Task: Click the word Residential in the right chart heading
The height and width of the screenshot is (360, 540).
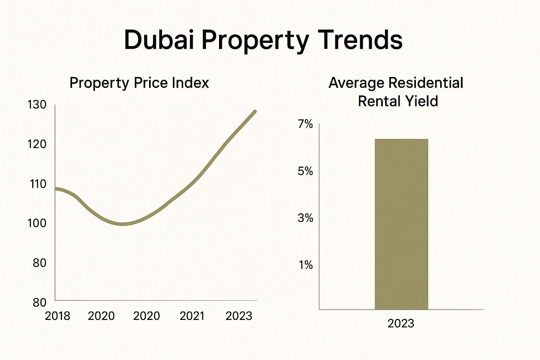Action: click(425, 83)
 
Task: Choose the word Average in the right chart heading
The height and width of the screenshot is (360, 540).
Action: click(356, 83)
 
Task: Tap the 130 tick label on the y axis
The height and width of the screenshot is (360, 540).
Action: click(37, 105)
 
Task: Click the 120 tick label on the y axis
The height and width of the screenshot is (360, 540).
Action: click(37, 144)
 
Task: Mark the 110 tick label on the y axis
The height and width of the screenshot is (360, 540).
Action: click(38, 184)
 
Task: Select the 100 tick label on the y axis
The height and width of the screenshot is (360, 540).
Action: click(37, 223)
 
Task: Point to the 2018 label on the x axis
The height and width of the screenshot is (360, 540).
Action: click(58, 316)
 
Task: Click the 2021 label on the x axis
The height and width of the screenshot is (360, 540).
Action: click(192, 316)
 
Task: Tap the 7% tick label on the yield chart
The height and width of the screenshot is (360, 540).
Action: click(305, 124)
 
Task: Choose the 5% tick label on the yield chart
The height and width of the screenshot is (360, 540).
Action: click(305, 171)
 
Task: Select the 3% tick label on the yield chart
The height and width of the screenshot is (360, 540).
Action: click(305, 218)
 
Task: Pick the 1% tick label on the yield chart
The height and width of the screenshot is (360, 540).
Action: click(306, 265)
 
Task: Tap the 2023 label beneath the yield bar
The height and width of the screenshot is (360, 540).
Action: click(401, 323)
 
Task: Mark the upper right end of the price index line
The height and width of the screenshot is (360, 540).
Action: click(255, 111)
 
